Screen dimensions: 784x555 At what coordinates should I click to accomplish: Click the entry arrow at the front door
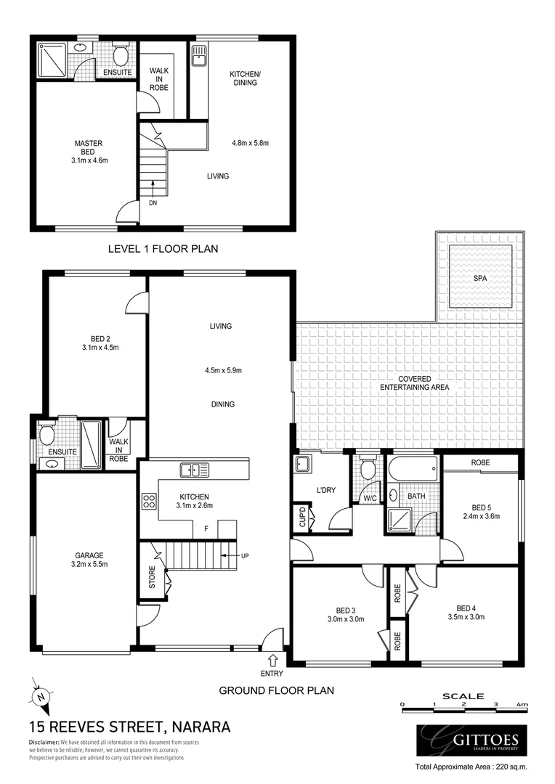click(272, 660)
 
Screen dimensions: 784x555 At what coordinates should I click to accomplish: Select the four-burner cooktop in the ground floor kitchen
click(150, 501)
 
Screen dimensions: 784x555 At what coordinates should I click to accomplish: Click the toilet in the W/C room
click(368, 470)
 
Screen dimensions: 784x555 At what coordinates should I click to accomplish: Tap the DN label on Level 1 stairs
click(153, 203)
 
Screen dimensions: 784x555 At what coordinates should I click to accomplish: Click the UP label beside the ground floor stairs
click(244, 555)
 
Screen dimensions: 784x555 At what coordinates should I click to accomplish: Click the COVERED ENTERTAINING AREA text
click(413, 383)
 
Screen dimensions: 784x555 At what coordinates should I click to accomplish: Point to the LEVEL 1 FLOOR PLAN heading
click(163, 248)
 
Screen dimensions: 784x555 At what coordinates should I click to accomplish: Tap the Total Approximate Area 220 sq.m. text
click(470, 767)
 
